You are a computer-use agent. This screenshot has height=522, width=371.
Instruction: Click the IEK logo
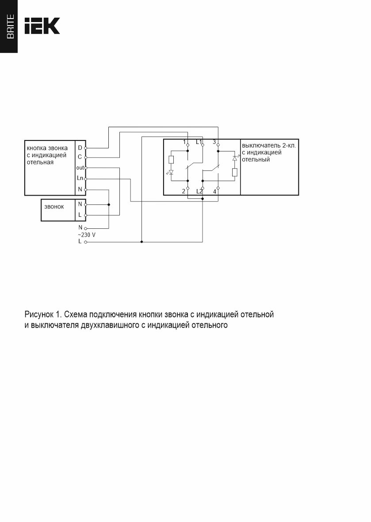tap(42, 26)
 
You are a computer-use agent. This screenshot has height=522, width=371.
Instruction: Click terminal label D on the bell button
tap(80, 148)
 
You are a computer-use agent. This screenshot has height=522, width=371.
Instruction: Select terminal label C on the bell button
tap(80, 157)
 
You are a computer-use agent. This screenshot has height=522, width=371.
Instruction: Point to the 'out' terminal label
tap(80, 168)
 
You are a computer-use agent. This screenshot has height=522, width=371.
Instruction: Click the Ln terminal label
tap(80, 178)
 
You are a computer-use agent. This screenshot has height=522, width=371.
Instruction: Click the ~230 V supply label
tap(86, 235)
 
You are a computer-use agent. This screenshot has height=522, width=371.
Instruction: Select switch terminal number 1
tap(184, 142)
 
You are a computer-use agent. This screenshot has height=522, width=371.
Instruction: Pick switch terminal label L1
tap(199, 142)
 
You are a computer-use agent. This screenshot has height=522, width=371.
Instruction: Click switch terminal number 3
tap(214, 142)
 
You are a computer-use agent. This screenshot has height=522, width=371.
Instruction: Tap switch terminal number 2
tap(183, 191)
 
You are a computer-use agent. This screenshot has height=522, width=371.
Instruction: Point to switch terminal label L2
tap(199, 191)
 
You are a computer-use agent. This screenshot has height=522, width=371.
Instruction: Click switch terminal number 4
tap(214, 191)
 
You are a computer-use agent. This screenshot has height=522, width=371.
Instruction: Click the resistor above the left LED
tap(171, 160)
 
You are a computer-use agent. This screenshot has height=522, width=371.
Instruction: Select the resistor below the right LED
tap(235, 172)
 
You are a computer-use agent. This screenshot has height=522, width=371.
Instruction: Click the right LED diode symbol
tap(235, 158)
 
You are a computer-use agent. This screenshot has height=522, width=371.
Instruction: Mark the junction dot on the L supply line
tap(142, 242)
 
